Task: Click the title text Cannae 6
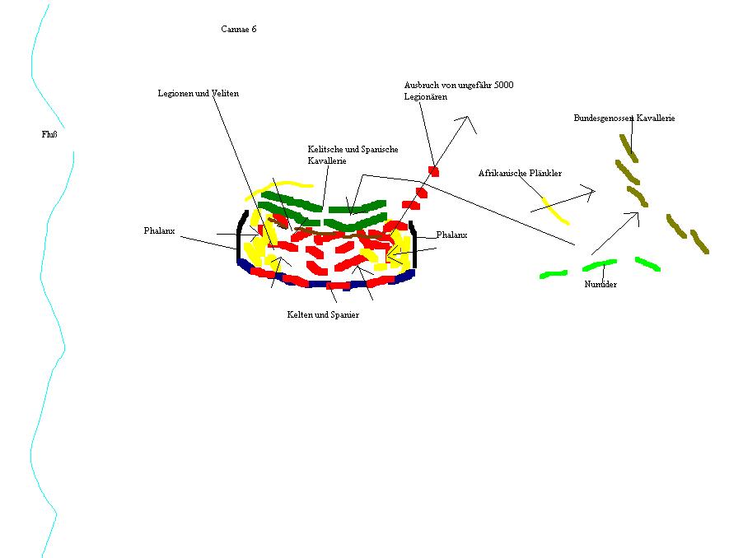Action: pyautogui.click(x=238, y=29)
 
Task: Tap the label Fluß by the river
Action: pyautogui.click(x=49, y=135)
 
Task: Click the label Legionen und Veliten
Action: pyautogui.click(x=199, y=94)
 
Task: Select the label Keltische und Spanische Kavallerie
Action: pyautogui.click(x=353, y=155)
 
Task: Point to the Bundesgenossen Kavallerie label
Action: pyautogui.click(x=624, y=119)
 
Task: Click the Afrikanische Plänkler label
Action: pyautogui.click(x=520, y=174)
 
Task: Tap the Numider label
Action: pyautogui.click(x=600, y=284)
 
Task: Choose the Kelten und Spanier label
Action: pyautogui.click(x=323, y=314)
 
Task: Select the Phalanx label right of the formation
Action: pyautogui.click(x=451, y=235)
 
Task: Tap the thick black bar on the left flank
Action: pyautogui.click(x=240, y=235)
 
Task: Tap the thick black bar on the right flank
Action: pyautogui.click(x=414, y=244)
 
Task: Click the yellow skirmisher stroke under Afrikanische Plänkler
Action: pyautogui.click(x=555, y=210)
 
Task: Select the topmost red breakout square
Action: pyautogui.click(x=433, y=171)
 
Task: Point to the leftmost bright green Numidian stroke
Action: pyautogui.click(x=553, y=273)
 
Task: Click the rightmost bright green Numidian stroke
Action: pyautogui.click(x=647, y=263)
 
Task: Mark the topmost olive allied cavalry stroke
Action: pyautogui.click(x=629, y=148)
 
